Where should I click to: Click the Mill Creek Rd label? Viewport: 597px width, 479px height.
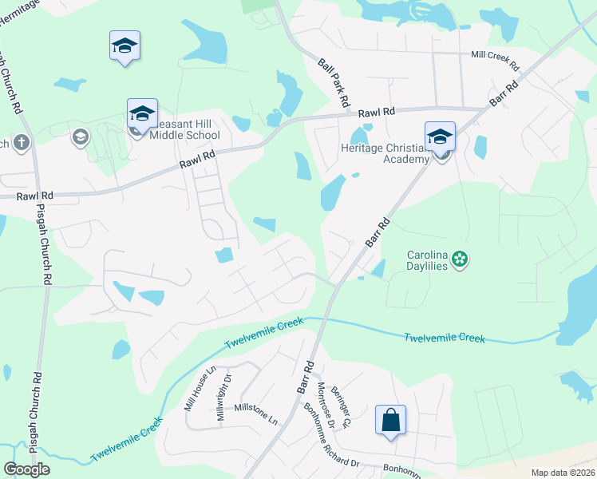click(x=495, y=56)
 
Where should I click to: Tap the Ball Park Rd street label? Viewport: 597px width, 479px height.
click(x=334, y=82)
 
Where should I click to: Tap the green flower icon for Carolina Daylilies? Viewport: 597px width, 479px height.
click(x=459, y=258)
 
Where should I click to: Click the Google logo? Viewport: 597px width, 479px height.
click(x=26, y=469)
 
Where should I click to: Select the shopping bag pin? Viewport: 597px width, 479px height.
click(x=390, y=419)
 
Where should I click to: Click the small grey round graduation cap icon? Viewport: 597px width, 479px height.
click(x=80, y=138)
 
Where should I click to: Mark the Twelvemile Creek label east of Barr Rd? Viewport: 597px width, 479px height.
click(x=444, y=337)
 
